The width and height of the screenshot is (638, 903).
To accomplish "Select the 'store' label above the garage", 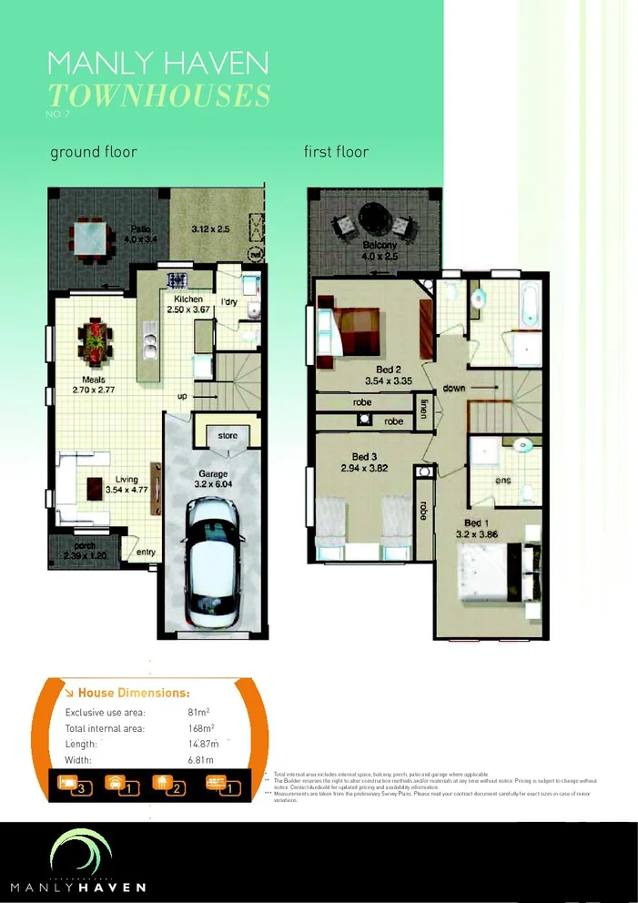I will (228, 436).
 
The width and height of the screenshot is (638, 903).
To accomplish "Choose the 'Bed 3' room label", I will (364, 456).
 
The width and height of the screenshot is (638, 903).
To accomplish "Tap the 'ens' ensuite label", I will (502, 481).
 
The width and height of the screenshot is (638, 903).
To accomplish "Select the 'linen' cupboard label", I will (424, 406).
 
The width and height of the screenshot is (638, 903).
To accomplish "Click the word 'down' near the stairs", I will (455, 388).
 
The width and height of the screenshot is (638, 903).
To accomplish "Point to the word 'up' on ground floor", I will (183, 396).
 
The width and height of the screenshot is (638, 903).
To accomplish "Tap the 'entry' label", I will (146, 552).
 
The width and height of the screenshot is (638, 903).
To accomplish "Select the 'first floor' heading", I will (336, 152).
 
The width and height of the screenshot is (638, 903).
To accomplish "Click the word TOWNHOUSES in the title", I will (158, 95).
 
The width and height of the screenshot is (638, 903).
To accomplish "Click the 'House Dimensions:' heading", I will (133, 693).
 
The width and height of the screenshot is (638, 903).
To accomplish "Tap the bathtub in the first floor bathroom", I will (530, 303).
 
